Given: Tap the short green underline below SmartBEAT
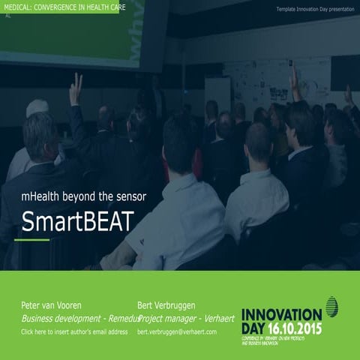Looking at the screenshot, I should pos(31,240).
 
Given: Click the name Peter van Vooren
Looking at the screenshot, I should pos(52,305).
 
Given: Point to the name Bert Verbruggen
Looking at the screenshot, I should pos(166,305).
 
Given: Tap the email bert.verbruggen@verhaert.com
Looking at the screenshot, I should pos(177,331).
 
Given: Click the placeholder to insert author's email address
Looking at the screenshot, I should pos(74,331).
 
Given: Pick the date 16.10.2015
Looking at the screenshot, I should pos(295,328).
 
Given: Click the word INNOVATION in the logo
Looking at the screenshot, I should pos(281,313).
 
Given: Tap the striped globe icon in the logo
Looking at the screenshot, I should pos(331,306).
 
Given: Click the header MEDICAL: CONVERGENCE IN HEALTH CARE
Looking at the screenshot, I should pos(63,7).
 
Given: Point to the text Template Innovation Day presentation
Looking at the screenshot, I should pos(314,9).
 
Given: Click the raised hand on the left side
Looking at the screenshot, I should pos(76,88).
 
